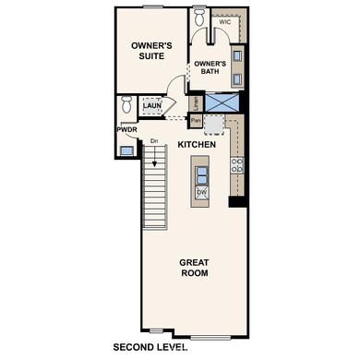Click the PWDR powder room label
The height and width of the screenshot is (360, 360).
[x=126, y=130]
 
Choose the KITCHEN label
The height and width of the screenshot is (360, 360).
[x=196, y=145]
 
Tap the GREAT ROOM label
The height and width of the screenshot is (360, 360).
[x=193, y=268]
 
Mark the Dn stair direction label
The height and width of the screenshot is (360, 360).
[x=155, y=140]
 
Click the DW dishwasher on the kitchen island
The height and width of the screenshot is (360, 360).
[x=200, y=193]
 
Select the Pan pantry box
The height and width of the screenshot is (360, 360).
[x=196, y=120]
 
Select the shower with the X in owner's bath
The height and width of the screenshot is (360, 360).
[x=222, y=102]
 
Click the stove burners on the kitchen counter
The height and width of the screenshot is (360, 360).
[x=237, y=166]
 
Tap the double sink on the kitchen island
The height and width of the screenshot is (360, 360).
[x=199, y=170]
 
